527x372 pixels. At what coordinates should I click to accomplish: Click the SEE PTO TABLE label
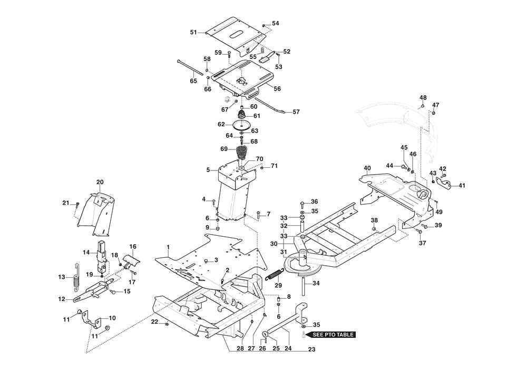coord(334,334)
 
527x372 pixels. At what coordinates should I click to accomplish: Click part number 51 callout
coord(193,32)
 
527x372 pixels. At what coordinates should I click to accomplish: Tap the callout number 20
coord(100,182)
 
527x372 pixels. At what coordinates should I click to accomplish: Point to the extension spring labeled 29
coord(275,275)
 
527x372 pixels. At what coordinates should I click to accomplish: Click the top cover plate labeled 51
coord(235,37)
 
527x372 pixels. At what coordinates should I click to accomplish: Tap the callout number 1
coord(168,247)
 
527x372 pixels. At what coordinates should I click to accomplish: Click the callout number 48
coord(423,98)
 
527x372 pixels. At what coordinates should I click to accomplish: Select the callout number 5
coord(208,169)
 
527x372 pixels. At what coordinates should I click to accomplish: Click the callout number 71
coord(274,166)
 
